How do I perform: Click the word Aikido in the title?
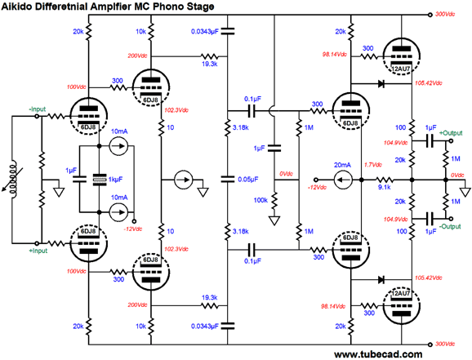tap(17, 7)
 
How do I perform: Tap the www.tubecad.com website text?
tap(378, 354)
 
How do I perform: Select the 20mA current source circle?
tap(343, 180)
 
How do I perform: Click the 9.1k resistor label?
tap(384, 187)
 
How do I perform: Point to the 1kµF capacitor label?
tap(116, 180)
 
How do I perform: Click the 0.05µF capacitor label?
tap(248, 180)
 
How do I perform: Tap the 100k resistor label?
tap(260, 200)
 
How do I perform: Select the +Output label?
tap(451, 133)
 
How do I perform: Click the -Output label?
tap(450, 226)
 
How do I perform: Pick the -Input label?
tap(38, 109)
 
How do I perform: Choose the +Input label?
tap(38, 251)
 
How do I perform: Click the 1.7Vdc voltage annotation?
tap(373, 165)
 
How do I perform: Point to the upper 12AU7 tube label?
tap(401, 69)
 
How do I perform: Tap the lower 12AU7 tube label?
tap(401, 293)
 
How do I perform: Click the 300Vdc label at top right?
tap(445, 14)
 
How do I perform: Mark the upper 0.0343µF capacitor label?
tap(205, 31)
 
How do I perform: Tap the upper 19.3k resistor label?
tap(210, 64)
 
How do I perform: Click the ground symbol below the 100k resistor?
tap(274, 221)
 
